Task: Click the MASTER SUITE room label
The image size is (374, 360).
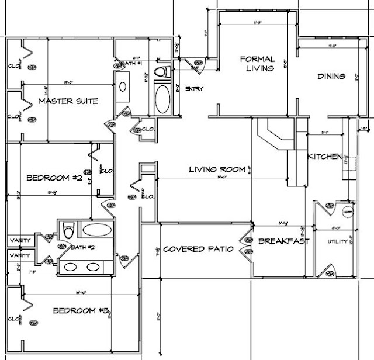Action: click(x=68, y=101)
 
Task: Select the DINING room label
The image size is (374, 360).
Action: click(x=331, y=76)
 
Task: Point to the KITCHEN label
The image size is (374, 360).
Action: click(x=324, y=157)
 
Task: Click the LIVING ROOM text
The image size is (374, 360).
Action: click(x=216, y=170)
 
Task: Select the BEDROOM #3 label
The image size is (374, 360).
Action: click(x=79, y=310)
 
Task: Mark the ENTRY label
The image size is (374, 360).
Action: click(x=193, y=89)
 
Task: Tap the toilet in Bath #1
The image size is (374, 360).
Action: click(x=161, y=71)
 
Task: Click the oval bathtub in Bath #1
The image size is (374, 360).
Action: click(x=162, y=100)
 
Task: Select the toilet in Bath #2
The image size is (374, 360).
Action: click(x=68, y=231)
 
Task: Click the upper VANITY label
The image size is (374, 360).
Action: click(x=20, y=240)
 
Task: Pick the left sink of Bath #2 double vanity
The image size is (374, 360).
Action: click(x=71, y=267)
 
